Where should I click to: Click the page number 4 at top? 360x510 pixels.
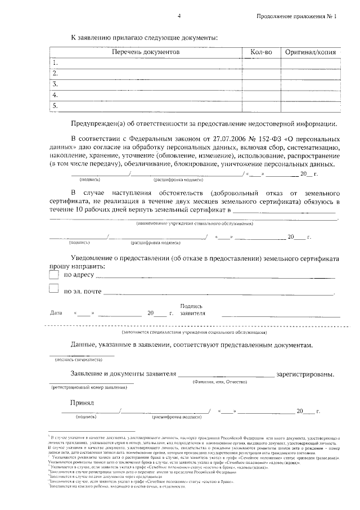[179, 16]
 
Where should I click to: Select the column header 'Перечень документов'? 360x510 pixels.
[145, 52]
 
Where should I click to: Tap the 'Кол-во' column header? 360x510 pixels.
[261, 52]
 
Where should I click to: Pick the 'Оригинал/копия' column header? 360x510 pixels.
[310, 52]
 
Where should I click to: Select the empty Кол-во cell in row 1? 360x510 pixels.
[261, 62]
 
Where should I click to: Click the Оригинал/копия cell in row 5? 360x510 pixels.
[310, 105]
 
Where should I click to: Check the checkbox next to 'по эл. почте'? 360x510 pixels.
[54, 289]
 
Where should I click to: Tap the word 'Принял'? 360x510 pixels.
[82, 403]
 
